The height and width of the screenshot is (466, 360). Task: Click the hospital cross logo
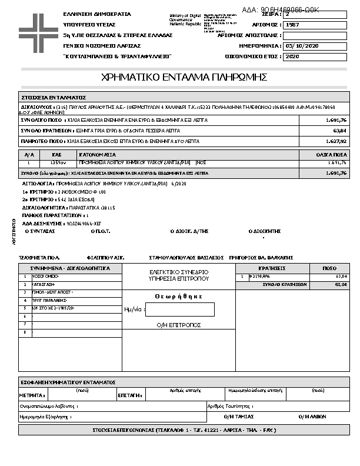point(38,28)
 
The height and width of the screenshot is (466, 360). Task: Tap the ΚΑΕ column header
point(56,154)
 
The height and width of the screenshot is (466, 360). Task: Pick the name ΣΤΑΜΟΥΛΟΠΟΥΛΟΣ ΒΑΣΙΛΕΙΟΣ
point(186,258)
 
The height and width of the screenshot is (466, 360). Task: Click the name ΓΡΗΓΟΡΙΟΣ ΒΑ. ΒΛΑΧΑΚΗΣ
point(261,258)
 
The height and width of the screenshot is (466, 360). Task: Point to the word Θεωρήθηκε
point(179,297)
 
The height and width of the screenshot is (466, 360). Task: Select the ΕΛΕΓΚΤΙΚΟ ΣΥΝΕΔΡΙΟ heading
point(179,272)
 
